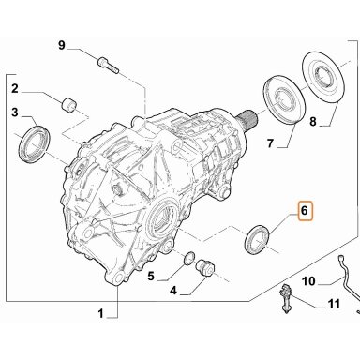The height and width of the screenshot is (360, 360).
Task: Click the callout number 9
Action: coord(62,46)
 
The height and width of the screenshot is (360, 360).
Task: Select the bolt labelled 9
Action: coord(108,66)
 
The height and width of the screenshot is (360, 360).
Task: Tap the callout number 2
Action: coord(15,89)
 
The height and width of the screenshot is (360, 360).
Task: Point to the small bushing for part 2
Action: coord(68,105)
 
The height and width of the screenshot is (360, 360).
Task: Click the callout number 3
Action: coord(15,112)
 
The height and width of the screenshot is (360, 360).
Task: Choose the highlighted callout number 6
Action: coord(305,211)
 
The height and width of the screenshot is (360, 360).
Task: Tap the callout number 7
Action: coord(270,143)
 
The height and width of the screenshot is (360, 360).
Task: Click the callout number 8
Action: coord(313,121)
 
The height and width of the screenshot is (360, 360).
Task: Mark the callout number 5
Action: coord(151,277)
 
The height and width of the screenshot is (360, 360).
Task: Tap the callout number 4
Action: coord(173,291)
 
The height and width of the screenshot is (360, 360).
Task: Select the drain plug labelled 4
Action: coord(205,269)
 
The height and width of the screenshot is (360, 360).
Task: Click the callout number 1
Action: coord(100,313)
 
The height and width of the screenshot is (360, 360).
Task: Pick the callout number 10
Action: coord(308,281)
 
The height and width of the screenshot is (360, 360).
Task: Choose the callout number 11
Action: coord(334,304)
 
